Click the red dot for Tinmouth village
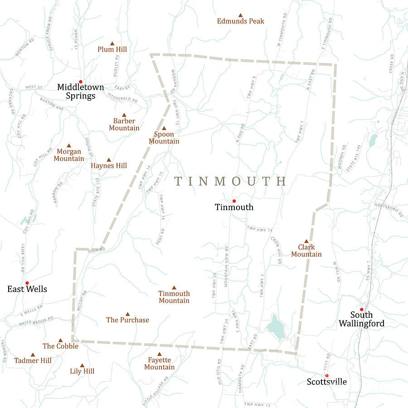(x=234, y=201)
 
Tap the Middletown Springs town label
(x=80, y=91)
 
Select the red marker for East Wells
(x=27, y=283)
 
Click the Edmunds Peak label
(x=240, y=21)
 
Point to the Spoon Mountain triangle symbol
(x=164, y=128)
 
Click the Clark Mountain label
(x=306, y=251)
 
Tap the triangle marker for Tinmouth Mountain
(x=174, y=287)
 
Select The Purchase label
(x=127, y=320)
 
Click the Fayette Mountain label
(x=159, y=364)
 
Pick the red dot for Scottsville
(x=326, y=375)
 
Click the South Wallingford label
(x=361, y=319)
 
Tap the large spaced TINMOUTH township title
(x=231, y=181)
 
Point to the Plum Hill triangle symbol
(x=112, y=43)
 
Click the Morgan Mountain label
(x=69, y=155)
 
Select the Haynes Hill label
(x=109, y=166)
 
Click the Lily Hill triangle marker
(x=82, y=365)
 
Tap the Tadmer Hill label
(x=33, y=361)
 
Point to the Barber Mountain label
(x=124, y=125)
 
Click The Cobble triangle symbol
(x=60, y=340)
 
